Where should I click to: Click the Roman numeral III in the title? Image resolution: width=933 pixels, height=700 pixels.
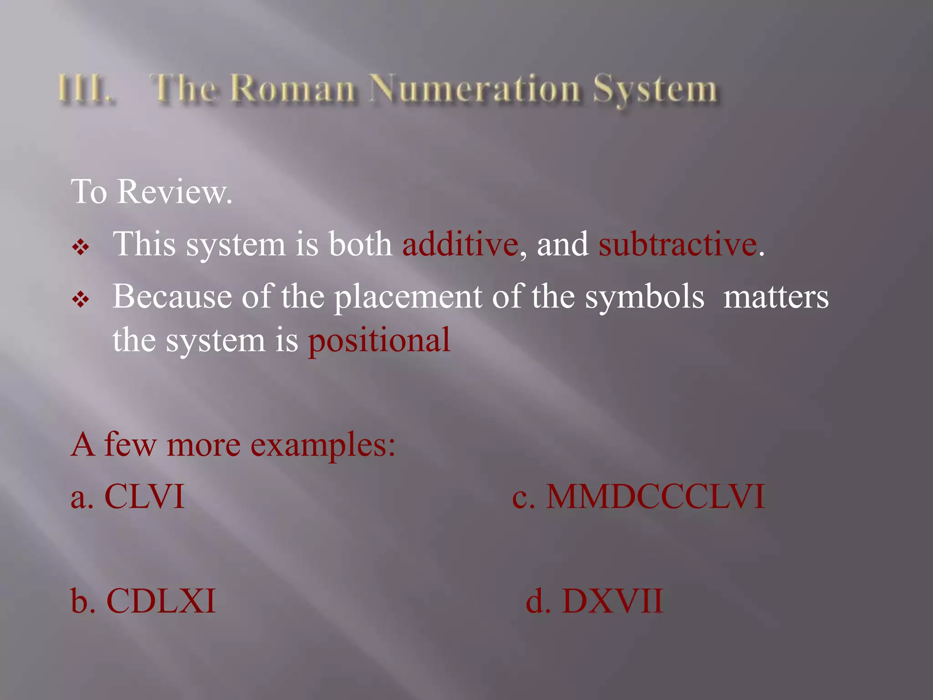click(84, 88)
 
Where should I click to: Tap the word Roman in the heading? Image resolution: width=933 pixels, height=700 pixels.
click(292, 88)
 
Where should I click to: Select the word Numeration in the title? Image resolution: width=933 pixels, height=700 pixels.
click(474, 88)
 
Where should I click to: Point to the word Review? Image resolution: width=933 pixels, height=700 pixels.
click(174, 192)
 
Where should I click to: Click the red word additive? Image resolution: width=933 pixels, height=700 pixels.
click(460, 244)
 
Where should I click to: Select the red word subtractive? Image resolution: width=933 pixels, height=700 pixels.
click(678, 244)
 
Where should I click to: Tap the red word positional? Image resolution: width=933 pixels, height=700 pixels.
click(379, 340)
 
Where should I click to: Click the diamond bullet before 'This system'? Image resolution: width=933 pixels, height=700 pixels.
click(81, 247)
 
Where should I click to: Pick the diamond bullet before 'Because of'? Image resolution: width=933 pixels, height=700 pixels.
click(81, 299)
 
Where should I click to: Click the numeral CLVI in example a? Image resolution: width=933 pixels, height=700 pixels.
click(144, 496)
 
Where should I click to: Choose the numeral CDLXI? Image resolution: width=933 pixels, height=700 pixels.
click(161, 601)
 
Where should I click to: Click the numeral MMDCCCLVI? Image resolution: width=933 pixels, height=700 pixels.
click(655, 496)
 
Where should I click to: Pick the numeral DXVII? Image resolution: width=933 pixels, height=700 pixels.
click(612, 601)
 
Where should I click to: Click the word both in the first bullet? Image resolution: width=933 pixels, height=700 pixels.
click(360, 244)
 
